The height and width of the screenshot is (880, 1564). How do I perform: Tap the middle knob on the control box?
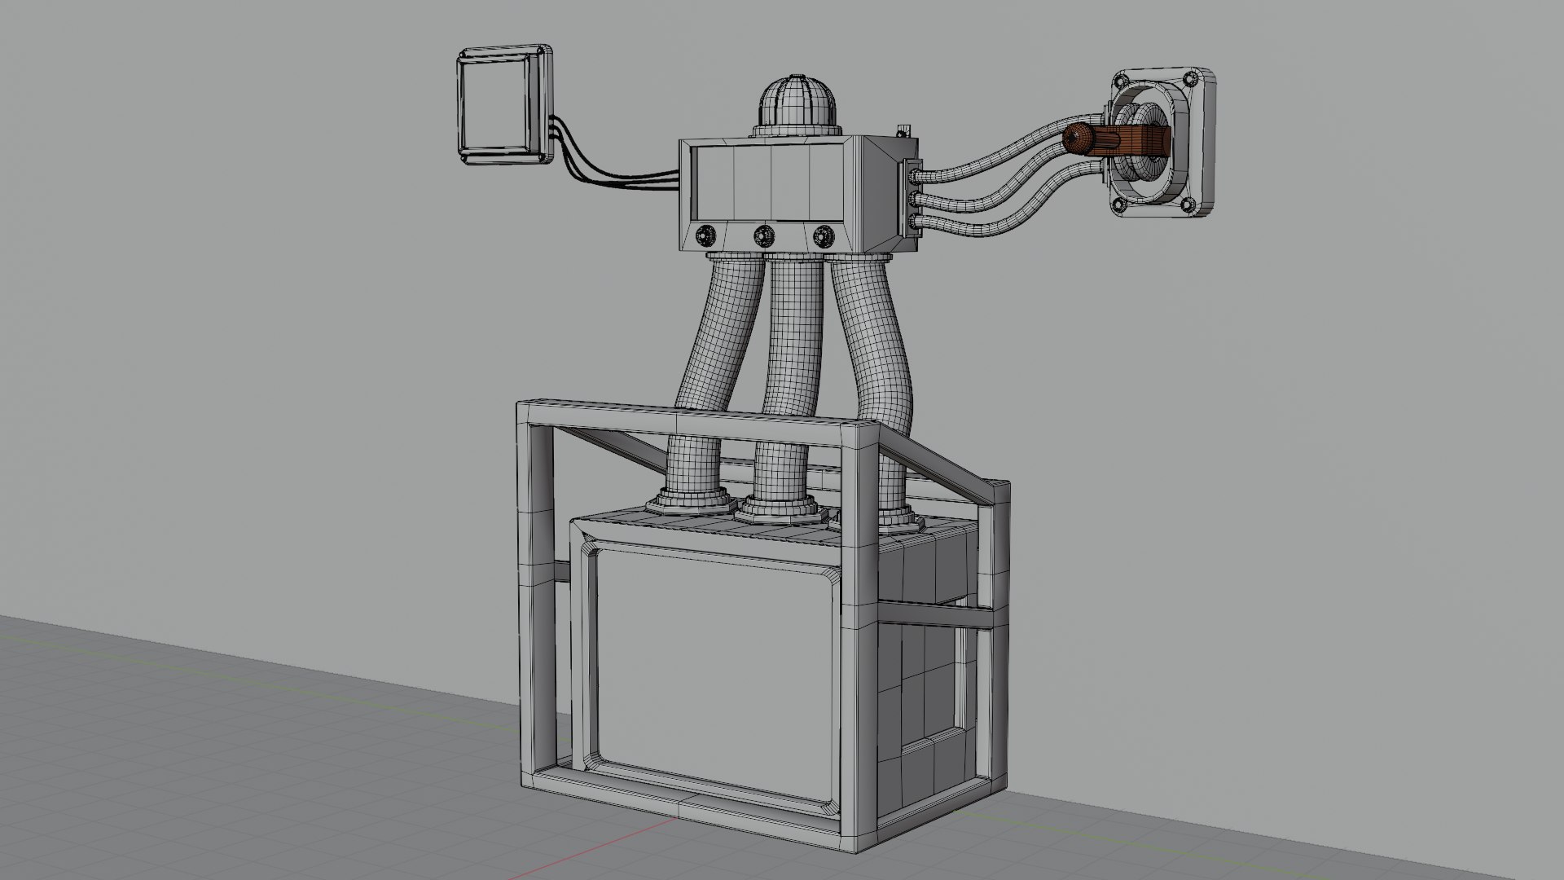[x=763, y=235]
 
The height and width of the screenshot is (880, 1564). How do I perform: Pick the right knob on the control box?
[x=820, y=235]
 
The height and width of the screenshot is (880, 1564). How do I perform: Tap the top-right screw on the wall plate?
[x=1189, y=78]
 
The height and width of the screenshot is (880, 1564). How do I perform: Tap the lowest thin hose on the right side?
[x=1018, y=208]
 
